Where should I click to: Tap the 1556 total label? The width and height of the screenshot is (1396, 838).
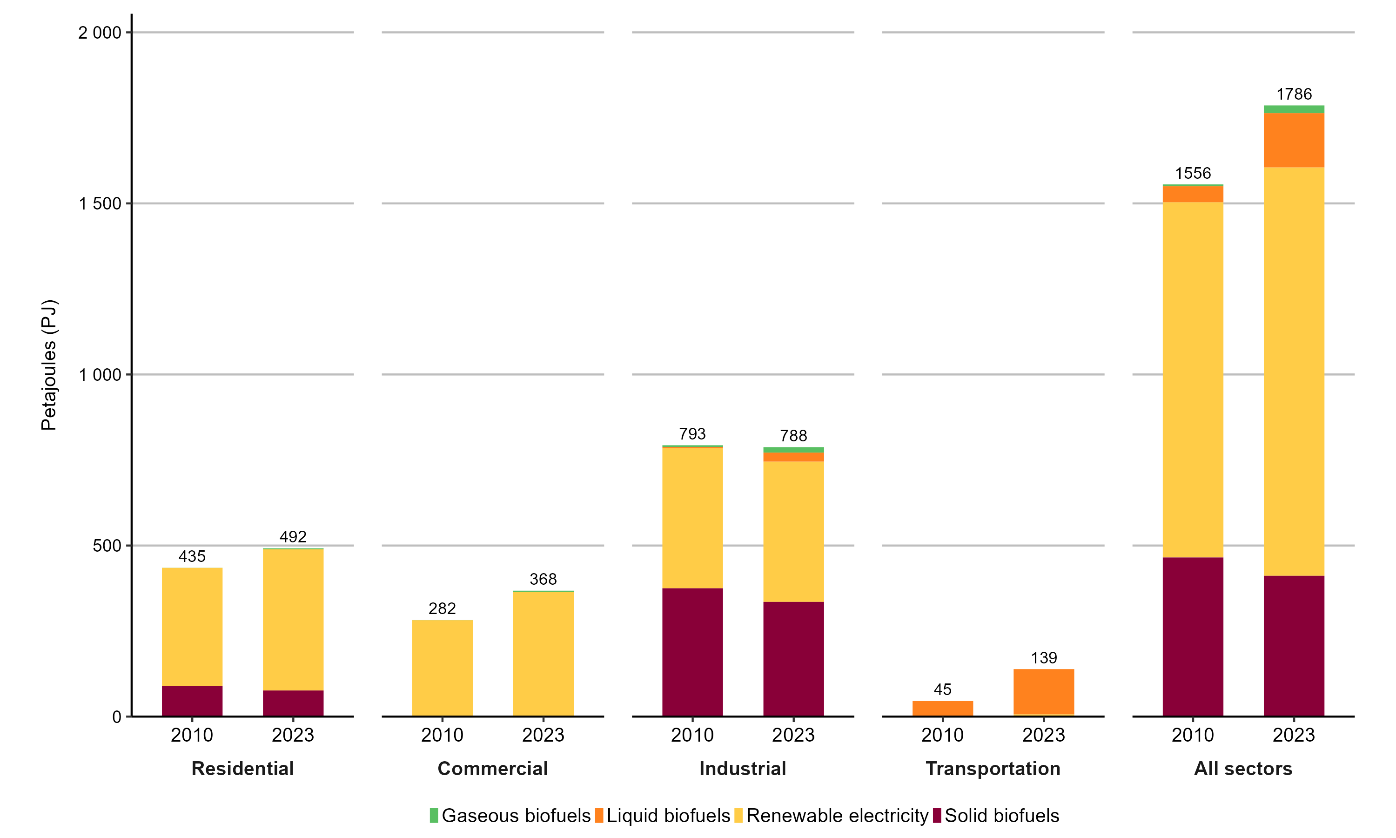[1192, 173]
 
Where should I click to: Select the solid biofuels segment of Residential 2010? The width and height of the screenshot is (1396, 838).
[192, 701]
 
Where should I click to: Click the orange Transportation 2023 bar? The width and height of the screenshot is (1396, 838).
[1043, 692]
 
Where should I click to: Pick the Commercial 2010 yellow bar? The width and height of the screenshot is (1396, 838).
[442, 668]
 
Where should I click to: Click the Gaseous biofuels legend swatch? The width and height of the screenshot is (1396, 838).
[433, 815]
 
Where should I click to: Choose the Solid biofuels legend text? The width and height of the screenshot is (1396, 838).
[1001, 815]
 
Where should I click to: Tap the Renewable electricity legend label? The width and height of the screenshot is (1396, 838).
[837, 815]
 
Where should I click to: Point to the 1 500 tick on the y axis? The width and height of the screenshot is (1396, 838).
[100, 203]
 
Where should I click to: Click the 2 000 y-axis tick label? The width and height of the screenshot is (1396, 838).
[100, 33]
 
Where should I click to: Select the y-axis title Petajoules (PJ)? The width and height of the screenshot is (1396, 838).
[49, 365]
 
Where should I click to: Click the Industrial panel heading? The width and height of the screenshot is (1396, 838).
[743, 769]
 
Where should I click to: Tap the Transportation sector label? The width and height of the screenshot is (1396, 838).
[993, 769]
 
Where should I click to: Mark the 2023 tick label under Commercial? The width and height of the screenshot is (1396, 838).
[543, 735]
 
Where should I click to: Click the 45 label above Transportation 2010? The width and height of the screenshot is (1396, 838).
[942, 689]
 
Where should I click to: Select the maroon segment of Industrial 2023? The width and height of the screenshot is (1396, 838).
[793, 659]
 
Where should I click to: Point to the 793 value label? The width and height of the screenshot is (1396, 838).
[692, 434]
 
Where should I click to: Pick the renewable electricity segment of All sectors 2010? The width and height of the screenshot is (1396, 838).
[1192, 379]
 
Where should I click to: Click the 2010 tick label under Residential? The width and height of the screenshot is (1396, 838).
[192, 735]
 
